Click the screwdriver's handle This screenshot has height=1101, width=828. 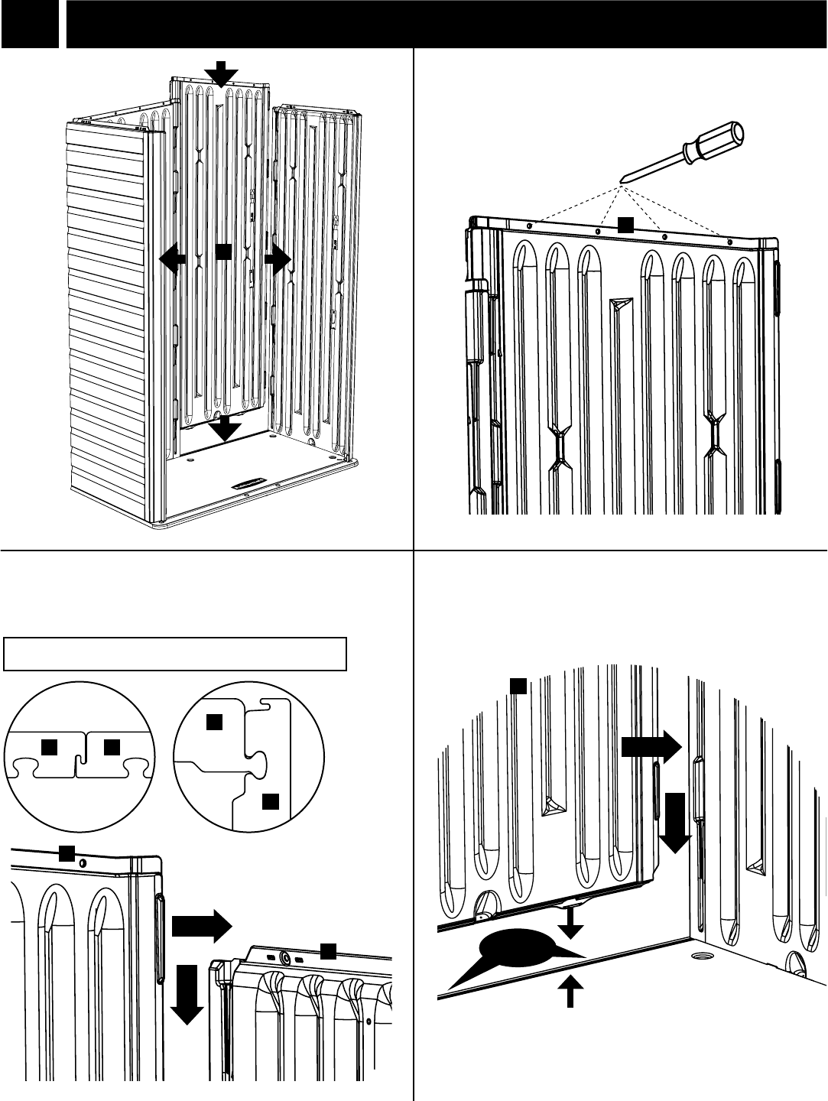(715, 144)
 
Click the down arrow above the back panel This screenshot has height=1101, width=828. (221, 74)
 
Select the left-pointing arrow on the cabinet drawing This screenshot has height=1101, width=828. (172, 258)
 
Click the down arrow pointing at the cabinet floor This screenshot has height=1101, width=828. (225, 429)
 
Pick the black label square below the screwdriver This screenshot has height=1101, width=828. (626, 223)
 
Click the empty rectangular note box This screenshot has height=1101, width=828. (175, 654)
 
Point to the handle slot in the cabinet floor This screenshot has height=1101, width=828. (250, 483)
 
